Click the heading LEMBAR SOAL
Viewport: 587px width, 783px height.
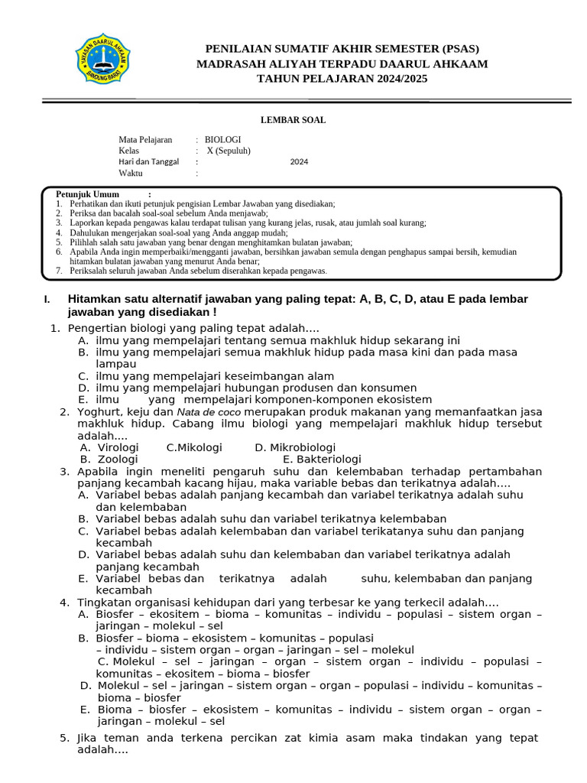293,120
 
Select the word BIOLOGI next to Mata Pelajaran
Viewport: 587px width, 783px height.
222,140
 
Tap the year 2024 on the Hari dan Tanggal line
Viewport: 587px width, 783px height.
299,161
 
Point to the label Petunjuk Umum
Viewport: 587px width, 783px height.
88,194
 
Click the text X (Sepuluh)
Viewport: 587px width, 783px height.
229,151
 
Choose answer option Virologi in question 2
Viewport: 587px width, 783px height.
118,447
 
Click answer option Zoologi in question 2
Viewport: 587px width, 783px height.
117,460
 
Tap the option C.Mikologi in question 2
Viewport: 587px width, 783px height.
194,447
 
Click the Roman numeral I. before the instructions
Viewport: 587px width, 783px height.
47,299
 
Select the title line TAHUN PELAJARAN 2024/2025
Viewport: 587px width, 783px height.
342,79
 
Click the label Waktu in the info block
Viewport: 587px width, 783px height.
131,173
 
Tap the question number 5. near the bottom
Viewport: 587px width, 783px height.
64,738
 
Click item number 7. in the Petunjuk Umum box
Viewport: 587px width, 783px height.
59,271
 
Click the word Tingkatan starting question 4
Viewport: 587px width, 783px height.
105,603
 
